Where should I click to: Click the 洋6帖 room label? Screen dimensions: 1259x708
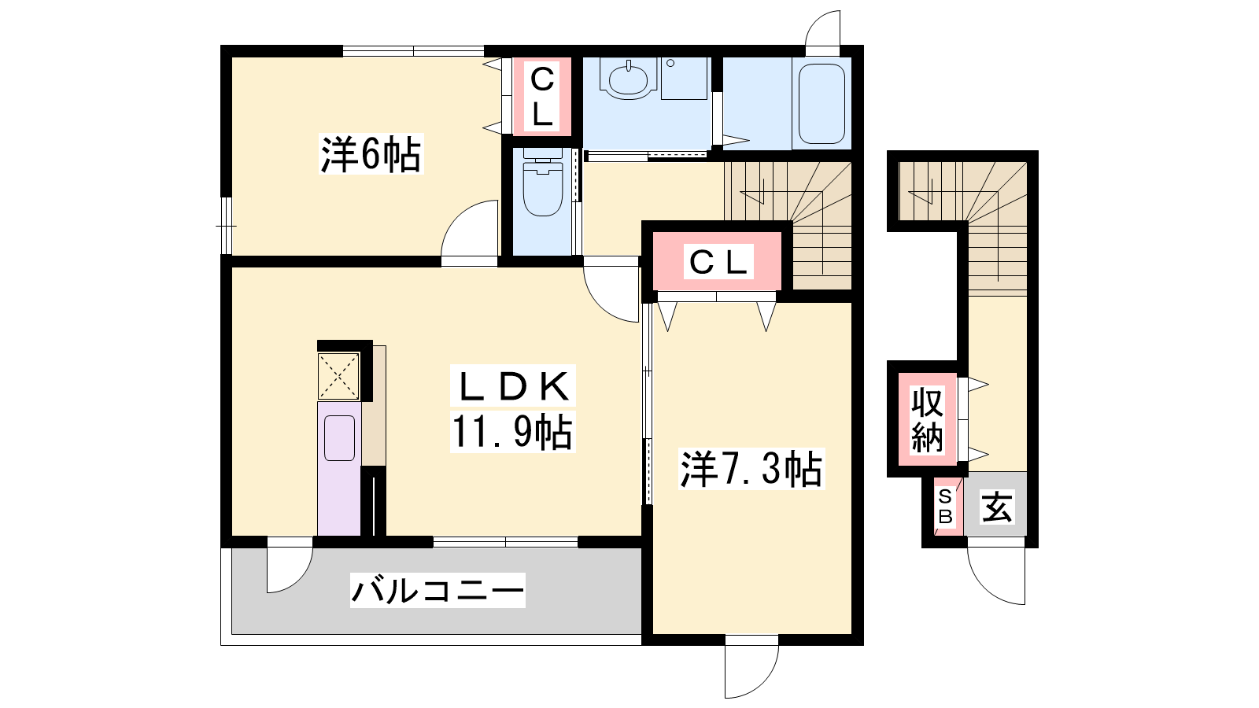point(371,154)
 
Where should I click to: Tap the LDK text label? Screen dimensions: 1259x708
point(512,386)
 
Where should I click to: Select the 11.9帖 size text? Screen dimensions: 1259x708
point(512,432)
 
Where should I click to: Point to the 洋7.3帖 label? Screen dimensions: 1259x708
point(751,469)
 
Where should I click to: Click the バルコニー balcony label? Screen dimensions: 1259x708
point(438,591)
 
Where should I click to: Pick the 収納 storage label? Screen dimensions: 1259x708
point(928,420)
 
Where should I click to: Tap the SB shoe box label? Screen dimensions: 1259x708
point(945,507)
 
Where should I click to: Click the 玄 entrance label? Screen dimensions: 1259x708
point(997,507)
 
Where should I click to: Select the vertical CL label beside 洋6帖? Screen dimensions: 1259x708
point(542,97)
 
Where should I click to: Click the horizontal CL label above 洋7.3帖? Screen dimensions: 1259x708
point(719,262)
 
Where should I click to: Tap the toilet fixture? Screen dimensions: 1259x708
point(543,182)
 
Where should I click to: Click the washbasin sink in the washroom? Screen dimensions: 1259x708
point(629,79)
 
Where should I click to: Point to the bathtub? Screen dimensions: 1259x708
point(821,104)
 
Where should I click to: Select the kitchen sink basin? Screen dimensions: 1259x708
point(339,437)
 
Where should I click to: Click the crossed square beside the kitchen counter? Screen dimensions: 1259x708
point(338,376)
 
